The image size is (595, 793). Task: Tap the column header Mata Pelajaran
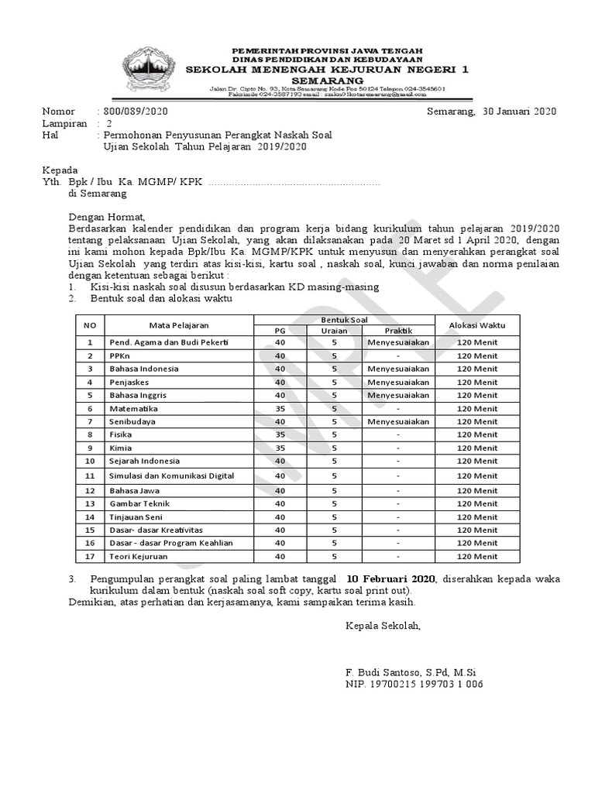180,326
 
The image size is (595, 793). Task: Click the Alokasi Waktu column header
476,326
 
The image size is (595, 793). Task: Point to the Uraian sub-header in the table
334,331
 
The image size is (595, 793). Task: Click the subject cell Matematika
134,408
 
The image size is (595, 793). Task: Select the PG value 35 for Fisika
280,434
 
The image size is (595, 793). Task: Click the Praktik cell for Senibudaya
398,421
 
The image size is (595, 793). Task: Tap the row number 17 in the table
90,556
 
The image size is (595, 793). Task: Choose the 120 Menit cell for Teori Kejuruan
476,556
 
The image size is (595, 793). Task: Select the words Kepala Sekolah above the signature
383,626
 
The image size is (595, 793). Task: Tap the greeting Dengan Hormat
106,218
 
